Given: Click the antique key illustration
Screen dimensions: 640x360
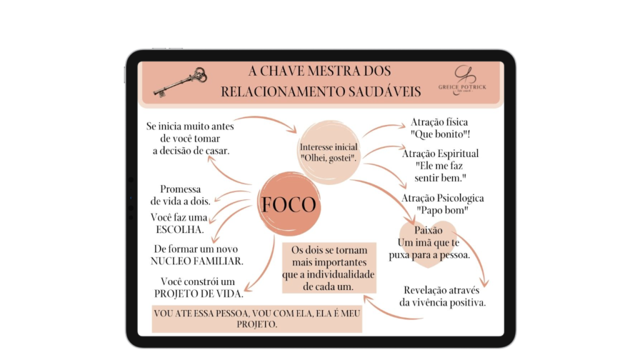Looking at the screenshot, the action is coord(179,82).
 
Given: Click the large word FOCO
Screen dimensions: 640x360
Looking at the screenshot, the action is coord(289,204).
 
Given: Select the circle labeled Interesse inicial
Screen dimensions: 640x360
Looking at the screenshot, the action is coord(329,152).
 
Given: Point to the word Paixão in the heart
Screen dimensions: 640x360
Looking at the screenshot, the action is coord(428,230).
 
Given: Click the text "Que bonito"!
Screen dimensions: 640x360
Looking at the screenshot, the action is coord(441,134).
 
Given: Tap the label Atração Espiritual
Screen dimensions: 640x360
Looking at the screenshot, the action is coord(441,154).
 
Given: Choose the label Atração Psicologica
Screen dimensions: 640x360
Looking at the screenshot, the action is coord(442,198).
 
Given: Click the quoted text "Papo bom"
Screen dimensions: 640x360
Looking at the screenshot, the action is coord(442,210).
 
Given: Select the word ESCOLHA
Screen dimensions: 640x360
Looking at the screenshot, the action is coord(180,229).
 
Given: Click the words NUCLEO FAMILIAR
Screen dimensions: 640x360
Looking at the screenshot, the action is coord(197,261).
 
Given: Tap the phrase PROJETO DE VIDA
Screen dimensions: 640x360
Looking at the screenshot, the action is coord(199,294).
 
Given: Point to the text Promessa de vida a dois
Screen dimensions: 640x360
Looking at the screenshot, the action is coord(181,195).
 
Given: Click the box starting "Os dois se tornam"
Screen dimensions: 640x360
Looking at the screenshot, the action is coord(329,268).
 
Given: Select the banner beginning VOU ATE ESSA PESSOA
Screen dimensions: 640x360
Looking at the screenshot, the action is coord(257,319).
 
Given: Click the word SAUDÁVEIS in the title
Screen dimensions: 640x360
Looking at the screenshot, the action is coord(384,91).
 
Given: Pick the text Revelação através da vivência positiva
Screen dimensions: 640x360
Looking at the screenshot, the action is coord(442,296).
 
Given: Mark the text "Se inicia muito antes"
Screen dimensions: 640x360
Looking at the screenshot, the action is coord(190,126).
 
